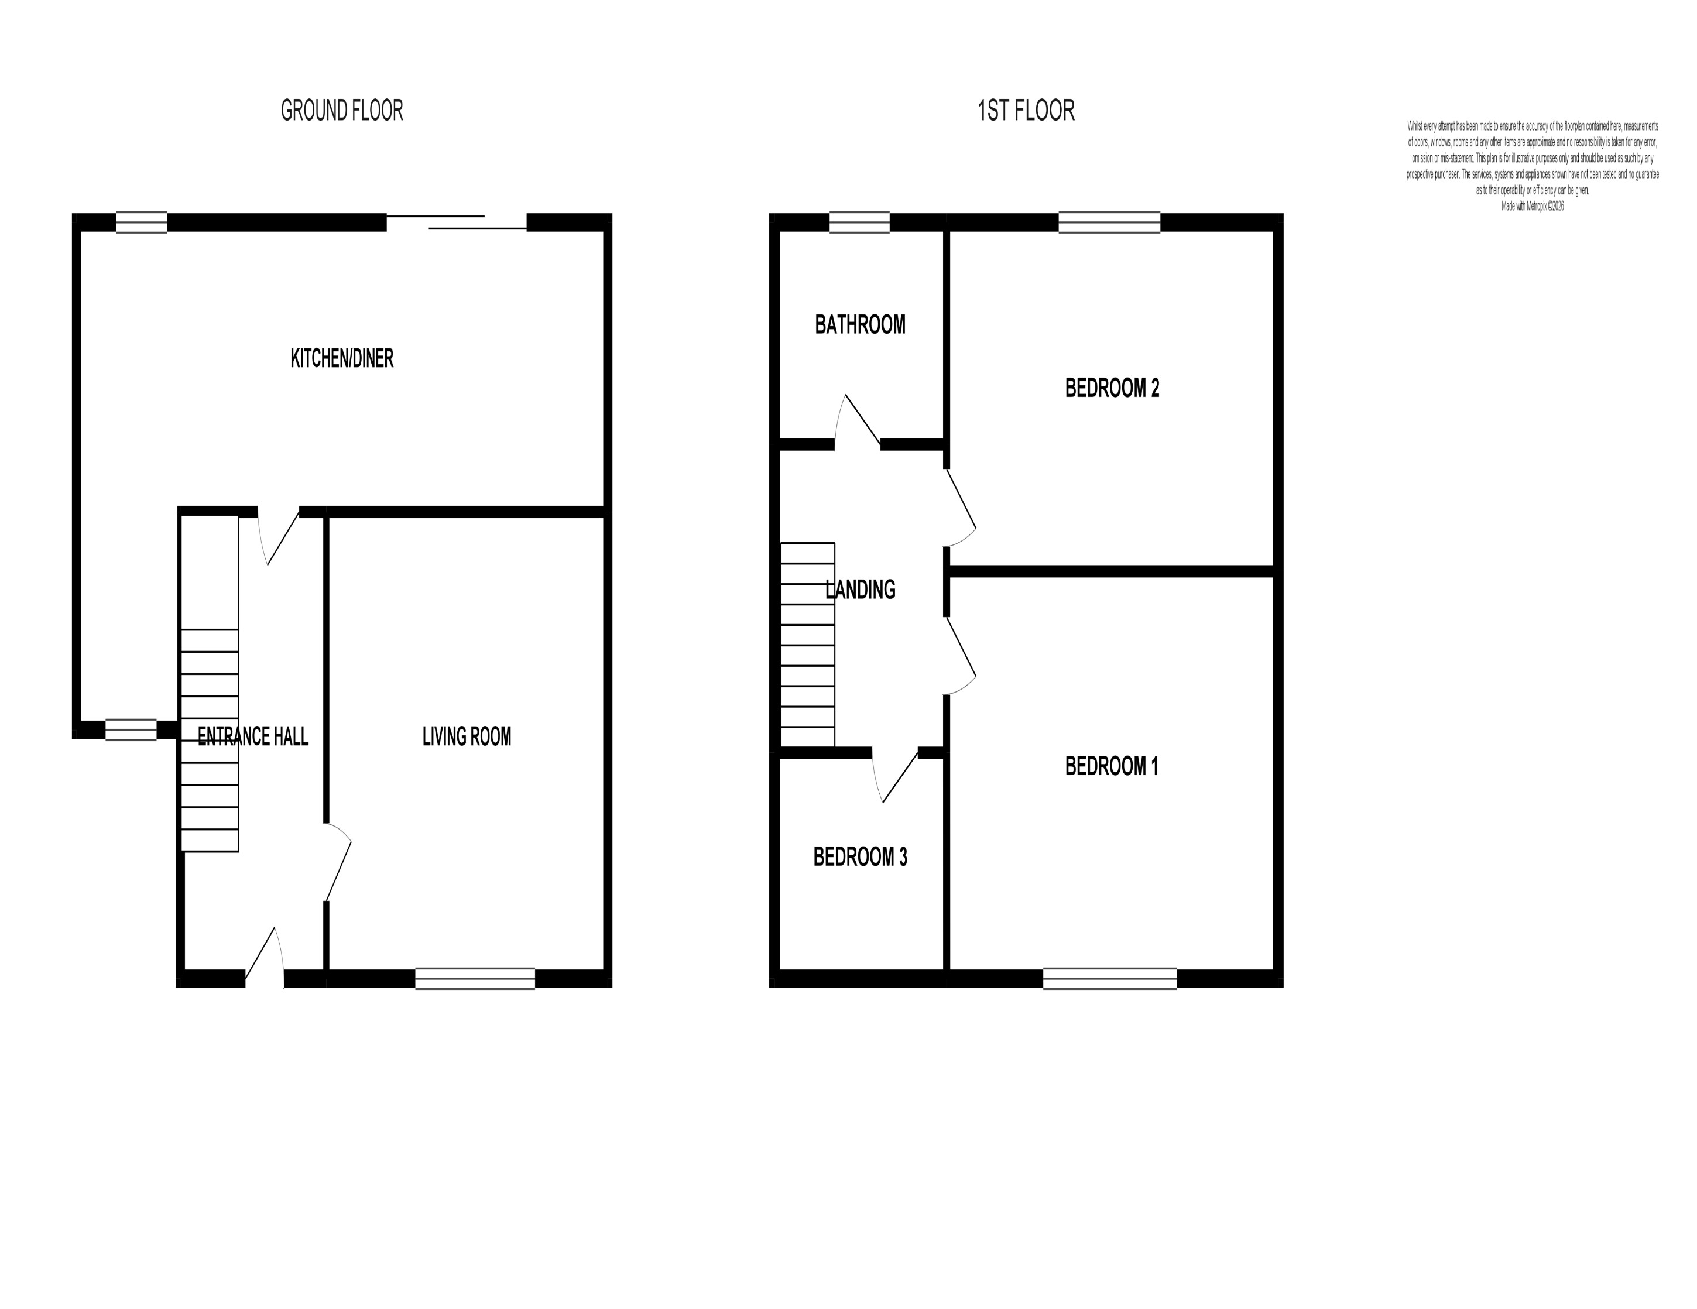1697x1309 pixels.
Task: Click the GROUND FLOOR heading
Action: (342, 111)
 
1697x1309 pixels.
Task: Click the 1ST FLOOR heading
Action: (1026, 111)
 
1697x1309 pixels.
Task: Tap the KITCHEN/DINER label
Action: (342, 358)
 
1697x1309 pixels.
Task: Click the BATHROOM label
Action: (859, 325)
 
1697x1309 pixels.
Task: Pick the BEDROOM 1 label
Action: (1111, 767)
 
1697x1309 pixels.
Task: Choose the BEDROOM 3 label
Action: (859, 857)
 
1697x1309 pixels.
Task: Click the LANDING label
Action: (859, 591)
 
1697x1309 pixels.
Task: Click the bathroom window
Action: (859, 222)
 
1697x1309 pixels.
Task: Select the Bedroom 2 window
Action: (1110, 222)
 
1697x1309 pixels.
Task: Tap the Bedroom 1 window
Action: (1110, 979)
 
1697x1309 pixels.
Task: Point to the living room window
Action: (475, 979)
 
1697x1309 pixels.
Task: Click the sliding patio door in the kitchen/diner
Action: (457, 222)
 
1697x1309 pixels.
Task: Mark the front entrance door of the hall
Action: (264, 960)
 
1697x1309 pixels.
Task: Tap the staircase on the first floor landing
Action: (807, 645)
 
